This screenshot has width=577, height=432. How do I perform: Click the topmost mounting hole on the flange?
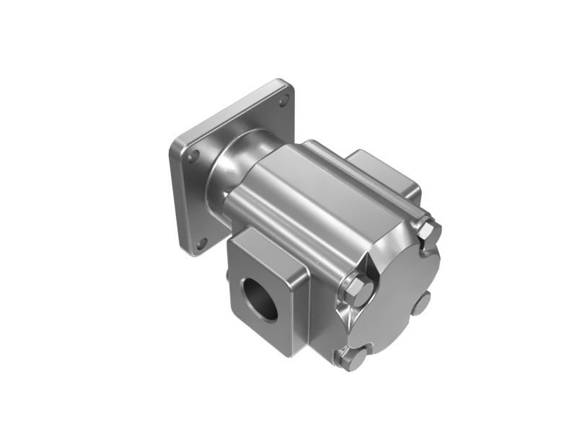(283, 100)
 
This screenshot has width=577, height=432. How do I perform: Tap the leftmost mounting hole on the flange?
(191, 155)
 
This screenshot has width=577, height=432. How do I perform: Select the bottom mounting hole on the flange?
(203, 242)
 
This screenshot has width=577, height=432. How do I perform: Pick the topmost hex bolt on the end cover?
(428, 231)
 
